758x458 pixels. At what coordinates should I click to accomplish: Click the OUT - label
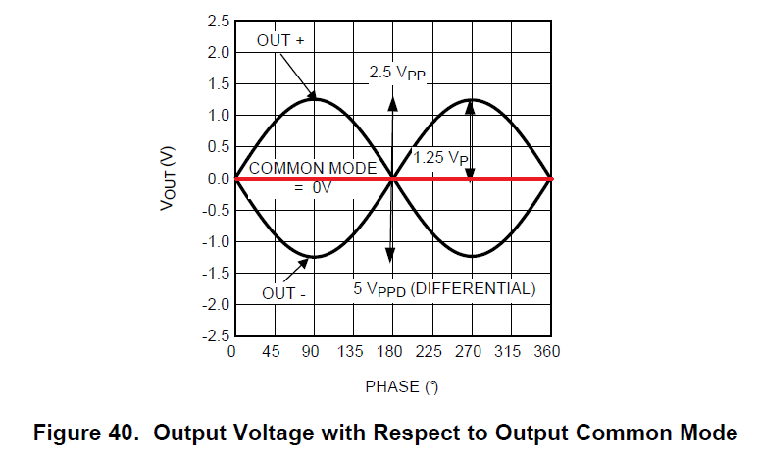pos(283,292)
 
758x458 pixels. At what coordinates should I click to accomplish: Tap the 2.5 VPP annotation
pos(397,73)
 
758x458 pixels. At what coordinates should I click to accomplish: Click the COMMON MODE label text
pos(313,168)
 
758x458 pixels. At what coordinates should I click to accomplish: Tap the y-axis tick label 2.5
pos(219,21)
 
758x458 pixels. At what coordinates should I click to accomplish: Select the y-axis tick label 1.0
pos(219,115)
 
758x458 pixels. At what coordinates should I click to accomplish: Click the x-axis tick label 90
pos(311,352)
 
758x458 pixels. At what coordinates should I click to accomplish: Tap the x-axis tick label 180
pos(391,352)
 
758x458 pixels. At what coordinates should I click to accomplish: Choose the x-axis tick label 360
pos(549,352)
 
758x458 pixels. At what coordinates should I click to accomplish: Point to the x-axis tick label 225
pos(430,352)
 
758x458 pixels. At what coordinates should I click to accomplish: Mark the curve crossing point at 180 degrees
pos(391,178)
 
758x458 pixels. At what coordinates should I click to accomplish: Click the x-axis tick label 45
pos(272,352)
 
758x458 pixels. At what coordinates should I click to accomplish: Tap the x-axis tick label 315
pos(510,352)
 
